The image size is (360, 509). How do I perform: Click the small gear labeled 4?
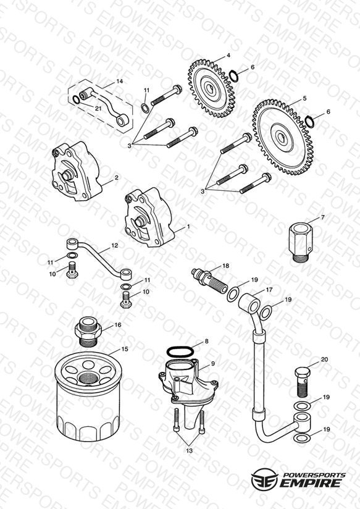[x=211, y=88]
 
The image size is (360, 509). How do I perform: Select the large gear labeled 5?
[x=283, y=137]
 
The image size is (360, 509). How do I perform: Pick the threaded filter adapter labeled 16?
[x=88, y=331]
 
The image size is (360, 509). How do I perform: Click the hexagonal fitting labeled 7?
[x=301, y=242]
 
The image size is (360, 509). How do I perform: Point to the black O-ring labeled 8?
[x=180, y=351]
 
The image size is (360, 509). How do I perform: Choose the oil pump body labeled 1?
[x=149, y=217]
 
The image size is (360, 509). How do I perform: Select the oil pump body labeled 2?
[x=75, y=170]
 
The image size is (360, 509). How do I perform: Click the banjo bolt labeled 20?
[x=302, y=382]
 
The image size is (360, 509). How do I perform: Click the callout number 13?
[x=190, y=450]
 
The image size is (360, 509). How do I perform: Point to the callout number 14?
[x=119, y=81]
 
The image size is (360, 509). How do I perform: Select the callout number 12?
[x=115, y=246]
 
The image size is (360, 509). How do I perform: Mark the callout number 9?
[x=213, y=364]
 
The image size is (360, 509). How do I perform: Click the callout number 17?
[x=269, y=290]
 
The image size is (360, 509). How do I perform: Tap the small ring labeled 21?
[x=76, y=99]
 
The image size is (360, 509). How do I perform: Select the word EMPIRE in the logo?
[x=310, y=483]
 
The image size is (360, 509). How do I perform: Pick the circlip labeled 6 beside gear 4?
[x=234, y=76]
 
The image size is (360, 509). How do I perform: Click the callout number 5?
[x=304, y=98]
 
